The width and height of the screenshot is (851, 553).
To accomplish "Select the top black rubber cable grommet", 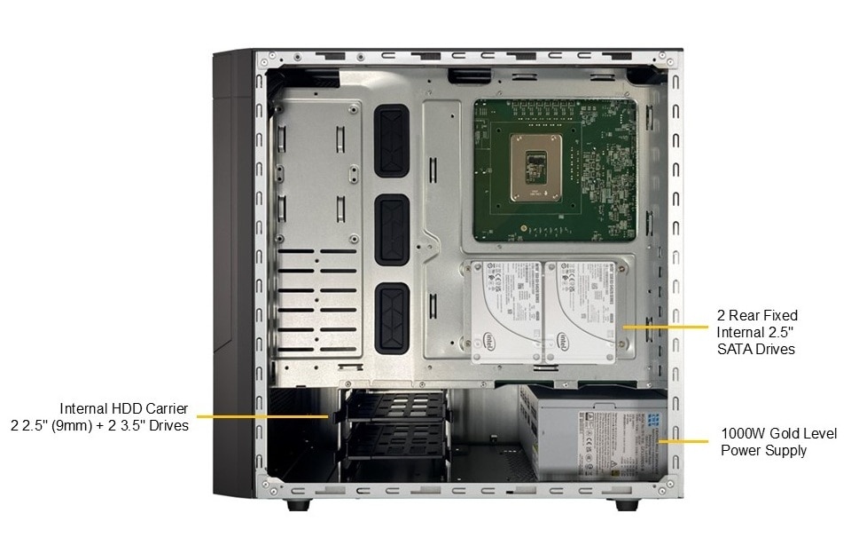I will (x=391, y=139).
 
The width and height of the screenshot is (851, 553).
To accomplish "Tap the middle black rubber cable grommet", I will (x=391, y=230).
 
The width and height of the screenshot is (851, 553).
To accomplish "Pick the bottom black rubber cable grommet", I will (x=391, y=315).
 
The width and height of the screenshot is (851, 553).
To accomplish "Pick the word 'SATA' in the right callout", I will (x=738, y=349).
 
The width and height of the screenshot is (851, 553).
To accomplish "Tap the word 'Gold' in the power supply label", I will (x=785, y=434).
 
